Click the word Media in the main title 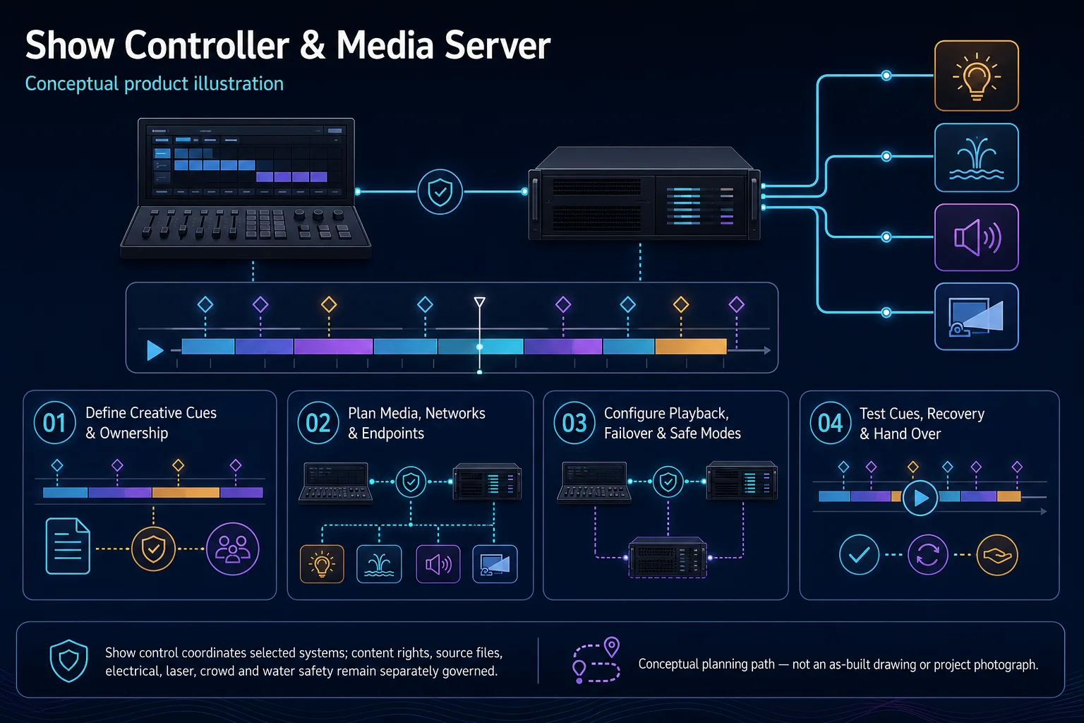[385, 45]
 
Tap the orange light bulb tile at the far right [977, 76]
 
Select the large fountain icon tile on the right [977, 157]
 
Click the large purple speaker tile [977, 237]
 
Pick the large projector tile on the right [977, 316]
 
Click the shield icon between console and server [440, 192]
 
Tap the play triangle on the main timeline [155, 350]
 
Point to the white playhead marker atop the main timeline [480, 302]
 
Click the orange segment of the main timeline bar [691, 346]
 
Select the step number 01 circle [54, 423]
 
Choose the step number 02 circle [318, 423]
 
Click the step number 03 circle [574, 423]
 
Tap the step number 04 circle [831, 423]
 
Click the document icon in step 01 [68, 546]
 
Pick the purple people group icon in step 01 [233, 549]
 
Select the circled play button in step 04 [920, 498]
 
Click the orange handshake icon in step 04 [997, 554]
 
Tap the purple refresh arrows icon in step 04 [928, 554]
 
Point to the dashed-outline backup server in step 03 [668, 557]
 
